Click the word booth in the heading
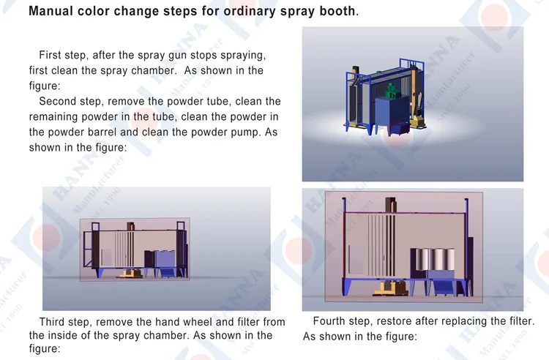point(337,11)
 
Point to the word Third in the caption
point(52,321)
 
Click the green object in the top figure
point(392,91)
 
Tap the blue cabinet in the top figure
point(392,115)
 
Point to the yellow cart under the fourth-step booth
point(390,288)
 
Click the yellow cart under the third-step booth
point(130,274)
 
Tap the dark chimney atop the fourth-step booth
point(391,205)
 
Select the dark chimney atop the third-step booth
point(130,226)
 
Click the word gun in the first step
point(173,55)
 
